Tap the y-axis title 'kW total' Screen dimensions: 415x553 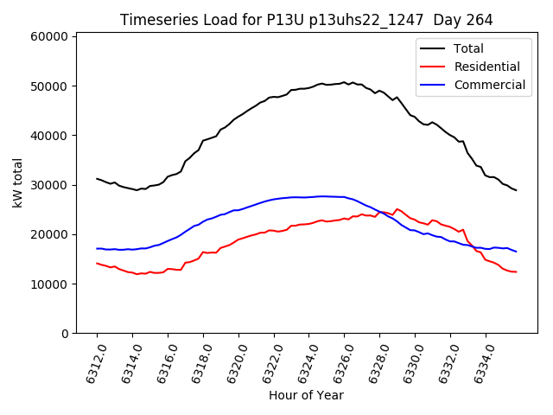coord(18,182)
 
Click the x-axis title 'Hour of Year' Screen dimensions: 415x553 coord(306,395)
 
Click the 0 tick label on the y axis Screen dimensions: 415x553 coord(65,334)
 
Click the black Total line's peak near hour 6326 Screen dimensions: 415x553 coord(344,82)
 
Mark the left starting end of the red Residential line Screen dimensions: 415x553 coord(97,263)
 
